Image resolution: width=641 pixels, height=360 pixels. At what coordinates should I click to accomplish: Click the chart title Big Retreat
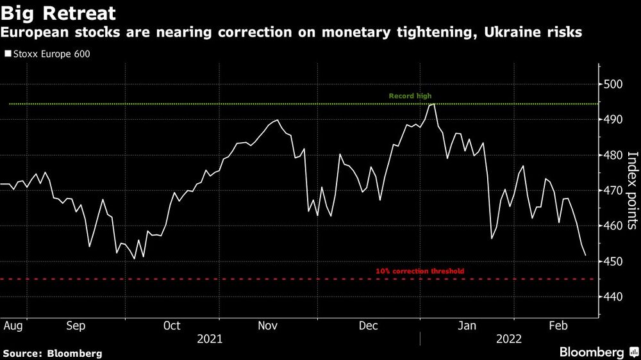(x=58, y=13)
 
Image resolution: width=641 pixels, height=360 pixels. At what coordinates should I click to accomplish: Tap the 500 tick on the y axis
(x=613, y=84)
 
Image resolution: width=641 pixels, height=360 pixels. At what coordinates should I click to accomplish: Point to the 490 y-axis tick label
(x=613, y=120)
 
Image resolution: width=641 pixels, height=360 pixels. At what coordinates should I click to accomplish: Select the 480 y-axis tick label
(x=613, y=155)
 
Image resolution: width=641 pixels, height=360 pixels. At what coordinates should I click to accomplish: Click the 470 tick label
(x=613, y=191)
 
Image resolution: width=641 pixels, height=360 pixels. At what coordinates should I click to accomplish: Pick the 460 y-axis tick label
(x=613, y=226)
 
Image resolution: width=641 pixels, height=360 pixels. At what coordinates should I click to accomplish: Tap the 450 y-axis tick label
(x=613, y=261)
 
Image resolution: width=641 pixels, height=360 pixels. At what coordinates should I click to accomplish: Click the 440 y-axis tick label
(x=613, y=297)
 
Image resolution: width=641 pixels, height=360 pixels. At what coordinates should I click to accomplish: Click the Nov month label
(x=267, y=325)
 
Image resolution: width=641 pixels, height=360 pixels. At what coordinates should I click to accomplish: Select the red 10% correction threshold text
(x=420, y=272)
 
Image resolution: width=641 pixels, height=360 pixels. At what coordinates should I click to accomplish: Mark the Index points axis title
(x=631, y=190)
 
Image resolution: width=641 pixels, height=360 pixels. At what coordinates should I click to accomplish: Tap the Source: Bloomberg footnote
(x=53, y=353)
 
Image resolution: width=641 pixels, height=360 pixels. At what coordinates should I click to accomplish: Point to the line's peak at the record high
(x=433, y=104)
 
